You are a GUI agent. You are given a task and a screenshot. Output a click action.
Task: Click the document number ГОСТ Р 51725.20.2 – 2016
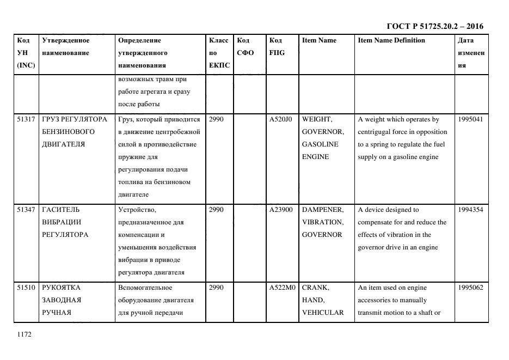pyautogui.click(x=434, y=26)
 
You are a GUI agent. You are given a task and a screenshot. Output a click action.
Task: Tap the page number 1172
pyautogui.click(x=25, y=335)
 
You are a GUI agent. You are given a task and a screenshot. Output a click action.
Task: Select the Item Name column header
pyautogui.click(x=319, y=40)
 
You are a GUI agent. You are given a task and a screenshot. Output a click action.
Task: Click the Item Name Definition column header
pyautogui.click(x=391, y=40)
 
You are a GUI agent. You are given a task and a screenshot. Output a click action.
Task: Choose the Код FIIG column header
pyautogui.click(x=277, y=47)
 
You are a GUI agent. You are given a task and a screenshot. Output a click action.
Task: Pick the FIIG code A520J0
pyautogui.click(x=281, y=119)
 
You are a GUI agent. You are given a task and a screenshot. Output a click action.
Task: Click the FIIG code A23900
pyautogui.click(x=281, y=210)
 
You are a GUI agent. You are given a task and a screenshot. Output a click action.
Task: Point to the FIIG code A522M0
pyautogui.click(x=281, y=288)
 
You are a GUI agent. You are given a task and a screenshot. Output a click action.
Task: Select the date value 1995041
pyautogui.click(x=470, y=119)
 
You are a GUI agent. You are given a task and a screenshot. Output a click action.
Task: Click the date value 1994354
pyautogui.click(x=470, y=210)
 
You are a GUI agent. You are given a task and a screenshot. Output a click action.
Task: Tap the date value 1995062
pyautogui.click(x=470, y=288)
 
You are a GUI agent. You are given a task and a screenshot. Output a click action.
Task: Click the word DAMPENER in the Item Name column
pyautogui.click(x=322, y=210)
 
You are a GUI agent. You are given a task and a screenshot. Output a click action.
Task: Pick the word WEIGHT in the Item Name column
pyautogui.click(x=317, y=119)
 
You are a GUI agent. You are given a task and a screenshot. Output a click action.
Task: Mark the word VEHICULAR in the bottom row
pyautogui.click(x=322, y=313)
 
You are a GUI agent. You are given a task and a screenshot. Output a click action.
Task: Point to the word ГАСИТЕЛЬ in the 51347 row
pyautogui.click(x=60, y=210)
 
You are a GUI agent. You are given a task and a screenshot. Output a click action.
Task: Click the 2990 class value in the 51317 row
pyautogui.click(x=216, y=119)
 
